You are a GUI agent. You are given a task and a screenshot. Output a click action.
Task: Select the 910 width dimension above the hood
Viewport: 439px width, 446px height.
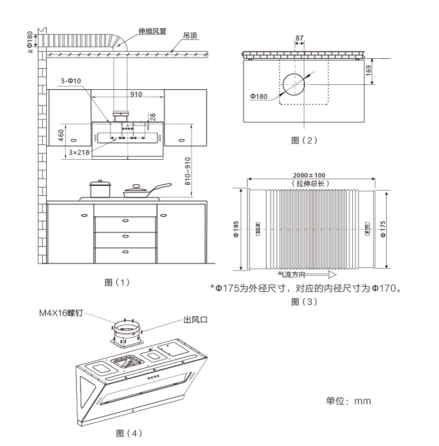(x=136, y=94)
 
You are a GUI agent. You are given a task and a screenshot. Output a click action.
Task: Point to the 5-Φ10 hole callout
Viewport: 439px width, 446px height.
(x=71, y=81)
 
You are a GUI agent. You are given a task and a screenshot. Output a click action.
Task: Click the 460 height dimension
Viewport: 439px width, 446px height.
(x=61, y=134)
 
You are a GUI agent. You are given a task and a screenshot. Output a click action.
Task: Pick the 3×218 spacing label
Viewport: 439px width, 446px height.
(x=78, y=151)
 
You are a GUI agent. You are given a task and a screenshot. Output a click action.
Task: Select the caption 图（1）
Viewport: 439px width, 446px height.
(x=117, y=282)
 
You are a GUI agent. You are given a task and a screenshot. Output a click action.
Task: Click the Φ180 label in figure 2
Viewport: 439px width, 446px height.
(x=259, y=96)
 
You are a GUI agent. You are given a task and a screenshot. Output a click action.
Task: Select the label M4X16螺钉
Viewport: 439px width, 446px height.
(x=60, y=313)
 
